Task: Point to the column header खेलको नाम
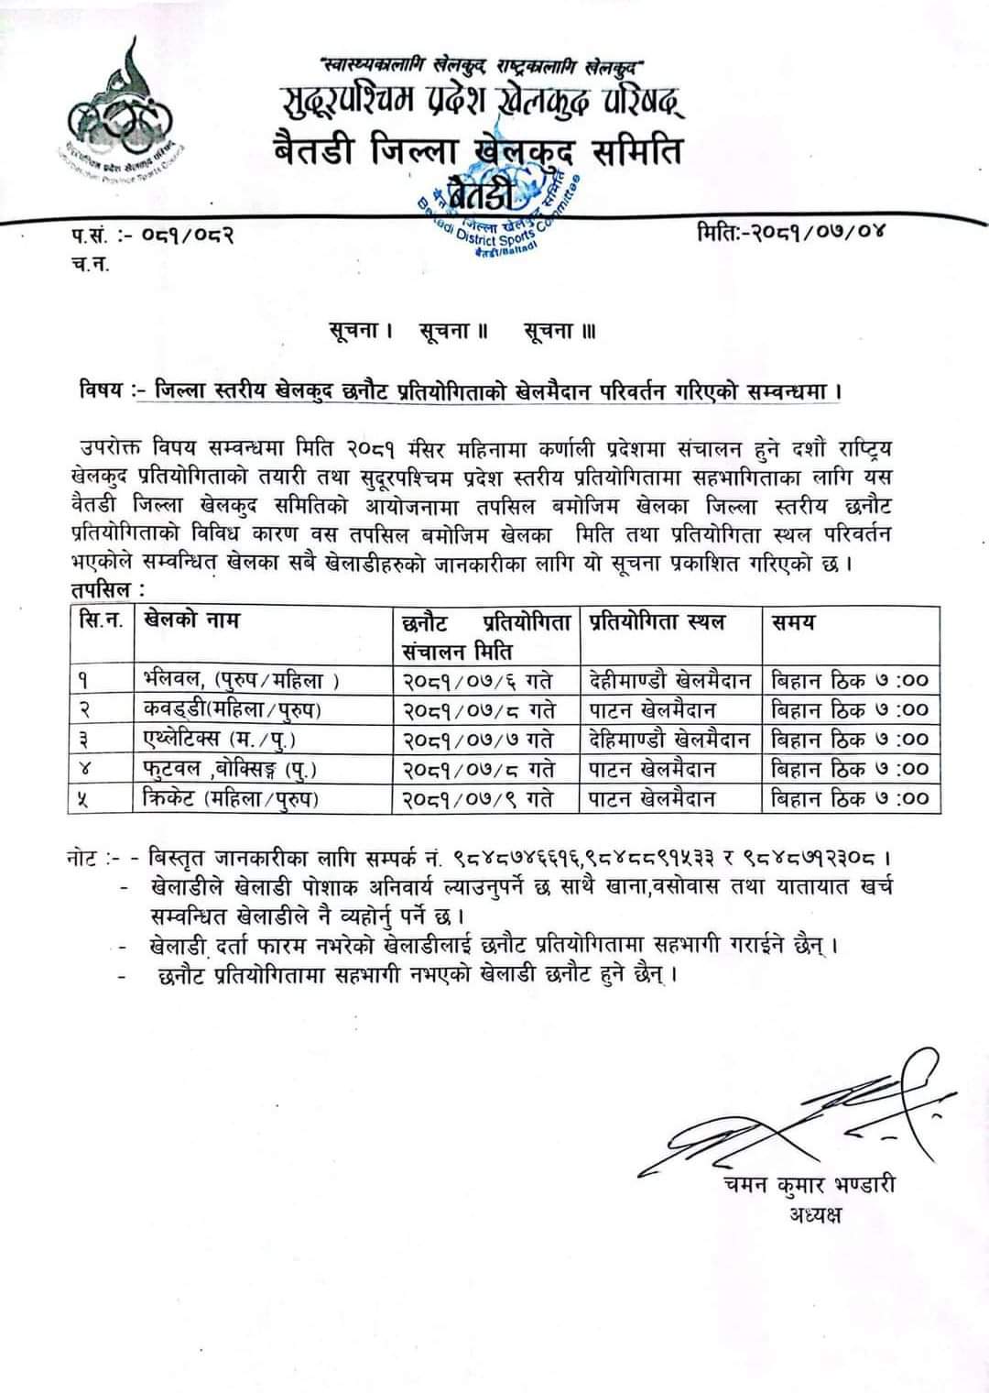point(191,620)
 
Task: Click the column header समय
point(793,622)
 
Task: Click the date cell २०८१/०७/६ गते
point(477,680)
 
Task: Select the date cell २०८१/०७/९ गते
point(477,799)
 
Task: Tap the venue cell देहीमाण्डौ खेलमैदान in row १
point(670,680)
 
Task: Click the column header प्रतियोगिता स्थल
point(657,622)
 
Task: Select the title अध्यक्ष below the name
point(814,1215)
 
